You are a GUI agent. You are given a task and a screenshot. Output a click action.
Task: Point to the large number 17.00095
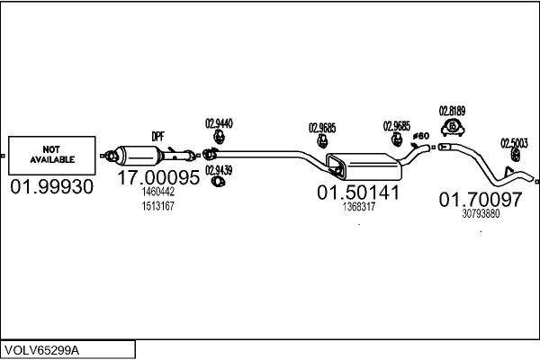click(x=159, y=178)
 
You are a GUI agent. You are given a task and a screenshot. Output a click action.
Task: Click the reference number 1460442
click(x=157, y=193)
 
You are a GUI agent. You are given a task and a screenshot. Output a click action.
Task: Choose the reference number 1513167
click(x=157, y=206)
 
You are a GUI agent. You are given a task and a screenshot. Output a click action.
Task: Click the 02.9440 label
click(x=219, y=123)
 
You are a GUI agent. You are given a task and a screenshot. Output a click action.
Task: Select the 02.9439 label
click(x=218, y=169)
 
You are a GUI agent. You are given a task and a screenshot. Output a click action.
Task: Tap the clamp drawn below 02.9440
click(x=218, y=139)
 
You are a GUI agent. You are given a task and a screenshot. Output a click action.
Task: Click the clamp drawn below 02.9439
click(x=218, y=184)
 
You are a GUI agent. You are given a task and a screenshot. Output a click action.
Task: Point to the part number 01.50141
click(x=357, y=192)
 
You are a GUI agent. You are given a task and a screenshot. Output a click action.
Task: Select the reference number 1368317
click(x=358, y=206)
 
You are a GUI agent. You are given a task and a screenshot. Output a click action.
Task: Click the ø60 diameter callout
click(x=419, y=137)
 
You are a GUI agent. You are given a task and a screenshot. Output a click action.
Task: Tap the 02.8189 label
click(x=452, y=111)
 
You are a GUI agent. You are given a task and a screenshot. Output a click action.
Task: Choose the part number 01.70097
click(x=479, y=199)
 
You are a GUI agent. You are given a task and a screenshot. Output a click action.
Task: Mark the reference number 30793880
click(x=481, y=213)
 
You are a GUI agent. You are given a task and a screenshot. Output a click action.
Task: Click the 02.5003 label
click(x=514, y=141)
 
